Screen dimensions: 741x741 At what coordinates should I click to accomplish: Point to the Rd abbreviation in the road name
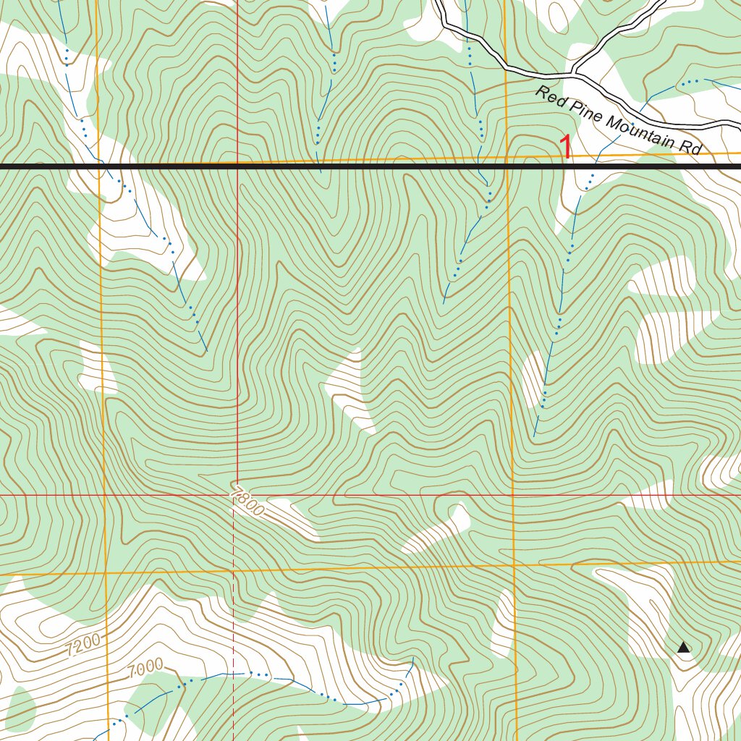click(691, 148)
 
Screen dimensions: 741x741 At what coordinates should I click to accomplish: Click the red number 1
click(567, 148)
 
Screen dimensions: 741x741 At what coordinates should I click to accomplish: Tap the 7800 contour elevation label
click(247, 501)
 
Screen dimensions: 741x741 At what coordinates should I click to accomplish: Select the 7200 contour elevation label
click(82, 645)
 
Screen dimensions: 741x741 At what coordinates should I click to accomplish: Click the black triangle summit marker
click(683, 648)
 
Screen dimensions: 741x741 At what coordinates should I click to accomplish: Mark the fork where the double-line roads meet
click(574, 73)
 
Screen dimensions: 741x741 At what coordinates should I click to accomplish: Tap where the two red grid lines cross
click(237, 496)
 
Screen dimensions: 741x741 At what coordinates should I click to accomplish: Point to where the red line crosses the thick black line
click(237, 166)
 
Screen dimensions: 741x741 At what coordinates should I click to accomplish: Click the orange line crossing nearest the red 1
click(506, 158)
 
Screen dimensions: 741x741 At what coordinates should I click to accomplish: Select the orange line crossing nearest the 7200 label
click(105, 572)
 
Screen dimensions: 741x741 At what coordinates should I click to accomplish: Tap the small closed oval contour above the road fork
click(558, 13)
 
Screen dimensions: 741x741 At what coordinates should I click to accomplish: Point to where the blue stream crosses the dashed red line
click(234, 673)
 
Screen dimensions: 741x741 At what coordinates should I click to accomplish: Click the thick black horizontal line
click(362, 166)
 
